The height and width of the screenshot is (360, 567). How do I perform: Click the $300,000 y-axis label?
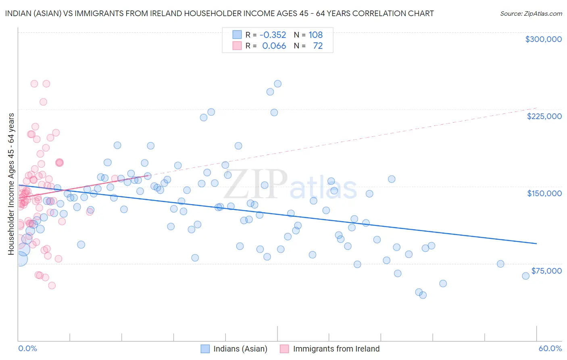pos(543,39)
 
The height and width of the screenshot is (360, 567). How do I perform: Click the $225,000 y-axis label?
pos(544,116)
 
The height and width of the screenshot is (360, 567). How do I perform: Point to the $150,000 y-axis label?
pos(544,193)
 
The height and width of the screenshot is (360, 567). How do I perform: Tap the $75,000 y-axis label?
pos(546,271)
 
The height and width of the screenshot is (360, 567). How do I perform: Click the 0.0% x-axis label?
pos(27,348)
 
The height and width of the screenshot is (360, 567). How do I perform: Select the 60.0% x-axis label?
pos(550,348)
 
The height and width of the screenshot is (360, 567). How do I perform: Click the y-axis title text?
pos(11,184)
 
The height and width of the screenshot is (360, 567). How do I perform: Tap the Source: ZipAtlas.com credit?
pos(531,13)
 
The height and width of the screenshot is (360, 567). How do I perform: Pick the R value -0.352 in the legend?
pos(273,35)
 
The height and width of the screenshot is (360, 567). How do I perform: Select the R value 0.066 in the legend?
pos(274,46)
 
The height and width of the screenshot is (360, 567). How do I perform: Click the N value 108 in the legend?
pos(315,35)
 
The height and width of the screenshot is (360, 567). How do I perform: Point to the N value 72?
pos(318,46)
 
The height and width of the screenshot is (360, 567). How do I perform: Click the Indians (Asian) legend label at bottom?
pos(240,349)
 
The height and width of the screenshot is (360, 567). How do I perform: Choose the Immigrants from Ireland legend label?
pos(336,349)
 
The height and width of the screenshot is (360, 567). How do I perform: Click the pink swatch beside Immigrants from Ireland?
pos(284,349)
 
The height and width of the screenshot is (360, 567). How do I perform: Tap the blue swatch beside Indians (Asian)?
pos(205,349)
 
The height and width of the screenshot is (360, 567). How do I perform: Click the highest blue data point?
pos(277,84)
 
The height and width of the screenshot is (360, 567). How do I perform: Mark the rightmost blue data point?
pos(525,276)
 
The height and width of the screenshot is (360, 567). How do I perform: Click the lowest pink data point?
pos(52,285)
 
